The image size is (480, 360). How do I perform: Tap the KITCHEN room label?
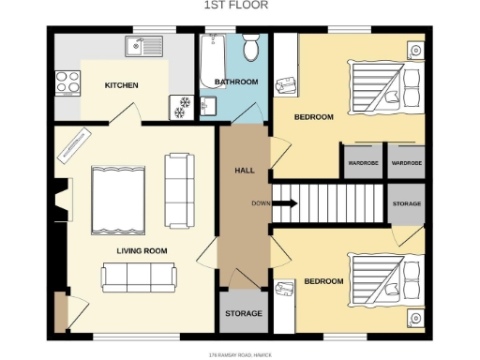pyautogui.click(x=121, y=85)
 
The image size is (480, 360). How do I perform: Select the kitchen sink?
pyautogui.click(x=143, y=45)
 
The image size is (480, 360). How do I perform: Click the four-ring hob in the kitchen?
pyautogui.click(x=67, y=83)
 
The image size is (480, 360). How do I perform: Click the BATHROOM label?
pyautogui.click(x=236, y=82)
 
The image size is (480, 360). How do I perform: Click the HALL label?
pyautogui.click(x=244, y=170)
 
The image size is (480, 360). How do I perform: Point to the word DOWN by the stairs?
pyautogui.click(x=261, y=203)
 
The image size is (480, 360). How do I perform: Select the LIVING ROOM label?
pyautogui.click(x=142, y=250)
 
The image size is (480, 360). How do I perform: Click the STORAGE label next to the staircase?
pyautogui.click(x=406, y=203)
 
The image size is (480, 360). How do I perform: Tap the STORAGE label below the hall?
pyautogui.click(x=244, y=313)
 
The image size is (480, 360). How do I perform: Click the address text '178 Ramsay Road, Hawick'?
pyautogui.click(x=240, y=354)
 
